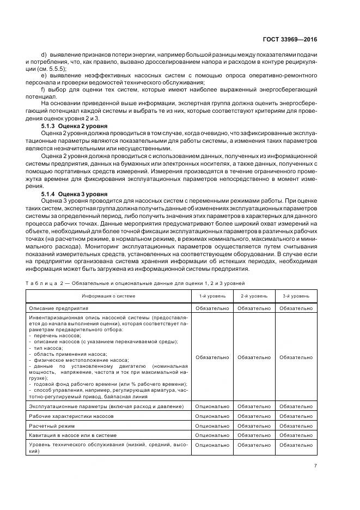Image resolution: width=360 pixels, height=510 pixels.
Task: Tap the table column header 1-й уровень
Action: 211,296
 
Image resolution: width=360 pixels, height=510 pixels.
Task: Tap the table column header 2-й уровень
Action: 254,296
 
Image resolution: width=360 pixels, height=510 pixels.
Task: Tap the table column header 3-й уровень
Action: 296,296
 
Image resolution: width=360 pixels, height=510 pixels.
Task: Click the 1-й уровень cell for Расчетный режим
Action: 211,426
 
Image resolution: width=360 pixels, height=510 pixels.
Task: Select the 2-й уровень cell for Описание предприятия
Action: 254,308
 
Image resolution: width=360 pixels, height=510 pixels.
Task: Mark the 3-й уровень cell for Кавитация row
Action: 296,435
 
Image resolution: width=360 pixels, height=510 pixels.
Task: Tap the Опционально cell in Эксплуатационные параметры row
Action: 211,406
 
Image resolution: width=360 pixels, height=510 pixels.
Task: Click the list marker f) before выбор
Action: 43,88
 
